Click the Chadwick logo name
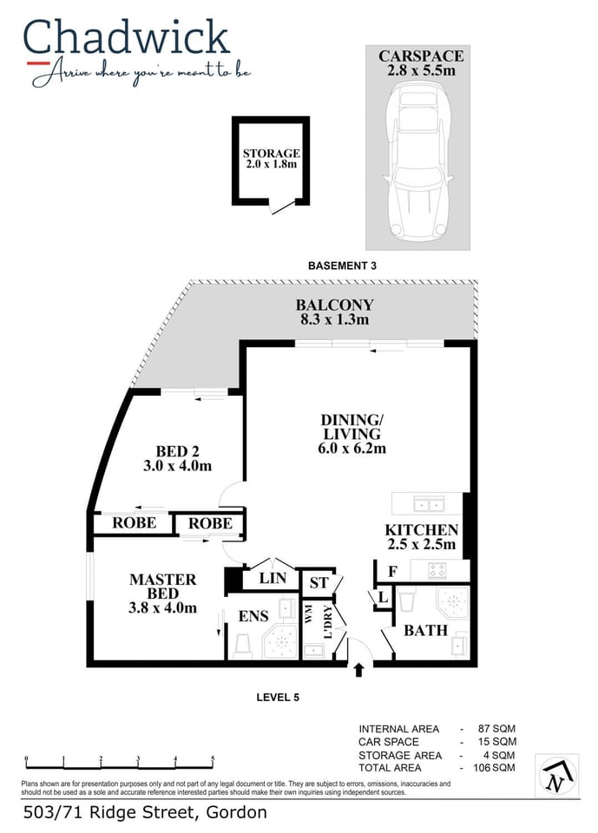[x=127, y=38]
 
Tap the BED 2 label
[x=178, y=458]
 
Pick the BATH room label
[x=425, y=629]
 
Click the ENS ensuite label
[x=253, y=616]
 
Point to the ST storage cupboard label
[x=319, y=582]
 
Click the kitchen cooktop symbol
[x=437, y=570]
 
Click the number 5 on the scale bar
[x=212, y=759]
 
